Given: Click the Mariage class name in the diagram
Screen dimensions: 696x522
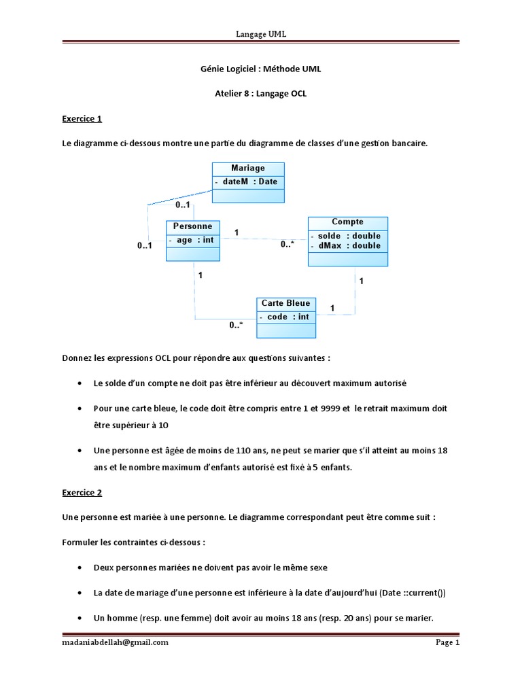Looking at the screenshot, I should [x=247, y=169].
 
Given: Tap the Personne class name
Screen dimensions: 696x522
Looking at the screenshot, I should [x=192, y=226].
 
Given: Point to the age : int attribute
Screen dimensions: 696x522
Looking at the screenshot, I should [x=194, y=240].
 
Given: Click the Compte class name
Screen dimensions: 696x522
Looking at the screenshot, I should [x=347, y=222].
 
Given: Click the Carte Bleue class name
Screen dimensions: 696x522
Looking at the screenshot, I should [x=285, y=303].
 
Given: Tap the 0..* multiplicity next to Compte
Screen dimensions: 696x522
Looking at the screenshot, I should [x=287, y=245].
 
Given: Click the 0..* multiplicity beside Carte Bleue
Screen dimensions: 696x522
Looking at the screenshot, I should [x=236, y=326].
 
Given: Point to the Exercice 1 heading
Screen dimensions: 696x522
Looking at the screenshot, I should [x=82, y=118].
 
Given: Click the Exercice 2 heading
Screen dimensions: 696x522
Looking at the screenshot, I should [x=82, y=492].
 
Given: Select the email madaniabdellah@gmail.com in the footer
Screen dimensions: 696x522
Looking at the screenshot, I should [x=115, y=642].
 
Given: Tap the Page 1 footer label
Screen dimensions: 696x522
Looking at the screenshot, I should [x=447, y=642].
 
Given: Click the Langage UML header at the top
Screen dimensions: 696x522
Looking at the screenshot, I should [x=261, y=34].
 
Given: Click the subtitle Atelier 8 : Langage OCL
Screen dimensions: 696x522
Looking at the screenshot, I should [x=261, y=94].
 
